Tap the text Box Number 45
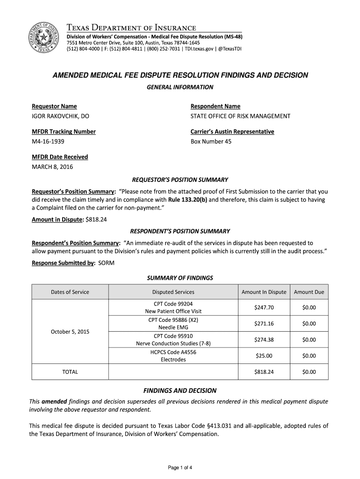tap(211, 141)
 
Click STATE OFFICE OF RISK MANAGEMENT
tap(240, 116)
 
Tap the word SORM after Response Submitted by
tap(106, 263)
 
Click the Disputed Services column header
tap(173, 292)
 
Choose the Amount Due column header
tap(309, 292)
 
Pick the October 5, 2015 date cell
tap(70, 332)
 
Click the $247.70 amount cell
tap(264, 307)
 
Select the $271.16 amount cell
tap(264, 324)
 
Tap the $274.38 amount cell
tap(264, 340)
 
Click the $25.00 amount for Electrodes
tap(264, 356)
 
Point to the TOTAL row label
tap(70, 372)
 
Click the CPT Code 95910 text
tap(173, 336)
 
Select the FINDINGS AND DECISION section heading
tap(180, 390)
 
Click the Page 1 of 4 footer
tap(180, 467)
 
